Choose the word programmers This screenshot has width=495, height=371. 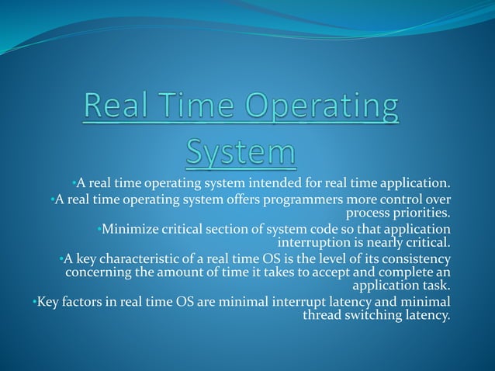[x=302, y=199]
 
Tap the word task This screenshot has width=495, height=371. [x=437, y=285]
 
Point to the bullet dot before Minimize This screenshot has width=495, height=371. [x=99, y=229]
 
